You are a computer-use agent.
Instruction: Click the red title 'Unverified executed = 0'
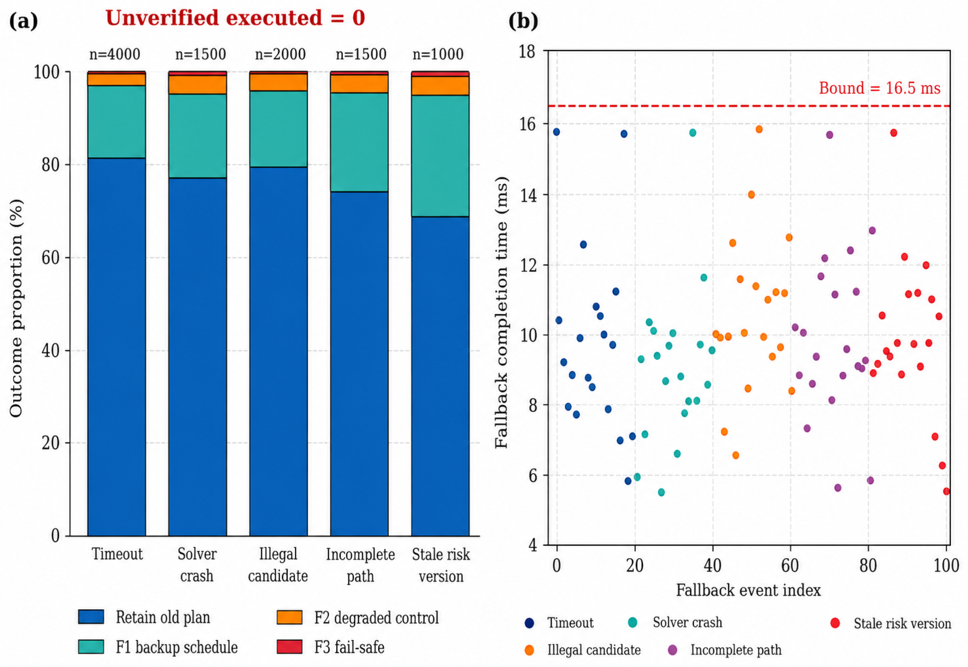coord(235,18)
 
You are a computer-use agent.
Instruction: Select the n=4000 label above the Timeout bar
coord(115,54)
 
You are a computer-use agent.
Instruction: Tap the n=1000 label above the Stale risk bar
coord(438,54)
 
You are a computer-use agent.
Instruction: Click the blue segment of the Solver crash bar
coord(197,357)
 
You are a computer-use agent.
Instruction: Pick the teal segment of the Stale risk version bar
coord(440,156)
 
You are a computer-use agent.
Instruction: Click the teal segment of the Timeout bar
coord(116,122)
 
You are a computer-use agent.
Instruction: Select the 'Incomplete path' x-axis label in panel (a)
coord(360,565)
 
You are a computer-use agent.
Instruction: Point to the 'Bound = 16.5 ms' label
coord(880,88)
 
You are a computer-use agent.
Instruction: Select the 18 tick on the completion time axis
coord(527,52)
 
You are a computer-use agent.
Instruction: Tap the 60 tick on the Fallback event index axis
coord(790,566)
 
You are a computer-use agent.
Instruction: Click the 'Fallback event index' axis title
coord(748,590)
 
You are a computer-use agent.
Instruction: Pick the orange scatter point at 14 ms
coord(751,195)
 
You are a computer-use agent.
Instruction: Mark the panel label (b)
coord(523,21)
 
